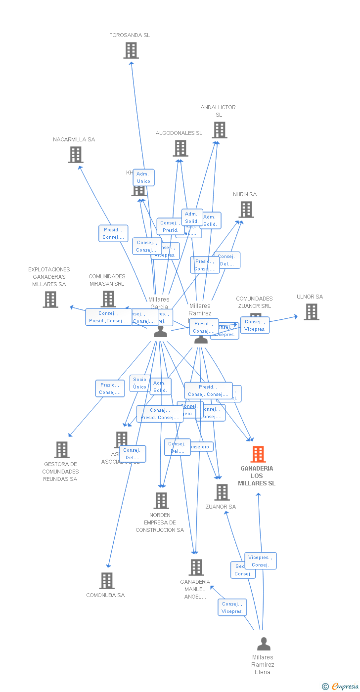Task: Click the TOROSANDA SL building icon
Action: coord(131,50)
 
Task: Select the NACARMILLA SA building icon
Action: coord(75,155)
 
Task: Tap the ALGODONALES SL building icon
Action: coord(180,148)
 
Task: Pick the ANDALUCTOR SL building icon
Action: coord(220,130)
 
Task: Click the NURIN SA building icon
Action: coord(246,210)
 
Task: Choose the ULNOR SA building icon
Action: coord(311,312)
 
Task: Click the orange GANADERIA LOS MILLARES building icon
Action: coord(258,454)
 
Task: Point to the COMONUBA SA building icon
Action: coord(106,581)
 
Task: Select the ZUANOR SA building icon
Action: coord(222,492)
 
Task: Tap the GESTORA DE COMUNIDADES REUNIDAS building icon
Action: coord(61,450)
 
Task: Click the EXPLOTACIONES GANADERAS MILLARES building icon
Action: coord(50,300)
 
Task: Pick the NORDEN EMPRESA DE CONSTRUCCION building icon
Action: coord(161,501)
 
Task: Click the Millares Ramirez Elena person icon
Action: coord(264,644)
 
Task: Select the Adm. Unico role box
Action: coord(143,177)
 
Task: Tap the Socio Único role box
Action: coord(139,383)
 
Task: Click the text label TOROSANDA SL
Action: coord(130,35)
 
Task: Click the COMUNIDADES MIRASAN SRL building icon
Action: coord(108,299)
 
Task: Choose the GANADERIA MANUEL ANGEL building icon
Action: coord(196,567)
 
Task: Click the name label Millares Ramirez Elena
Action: coord(263,664)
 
